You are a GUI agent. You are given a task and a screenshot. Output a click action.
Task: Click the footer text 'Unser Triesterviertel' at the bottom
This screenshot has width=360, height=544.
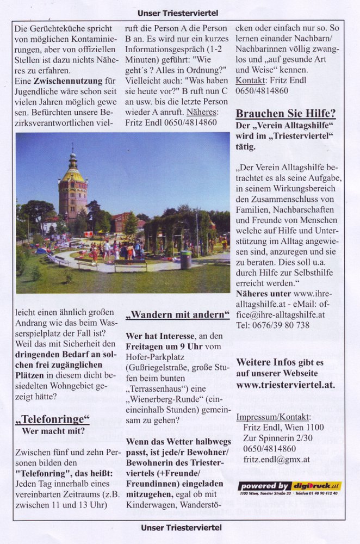pyautogui.click(x=181, y=527)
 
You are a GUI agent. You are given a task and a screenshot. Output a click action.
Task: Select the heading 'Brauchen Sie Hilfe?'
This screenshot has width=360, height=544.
pyautogui.click(x=285, y=114)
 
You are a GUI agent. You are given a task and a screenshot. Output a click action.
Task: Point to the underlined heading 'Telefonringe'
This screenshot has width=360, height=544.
pyautogui.click(x=53, y=419)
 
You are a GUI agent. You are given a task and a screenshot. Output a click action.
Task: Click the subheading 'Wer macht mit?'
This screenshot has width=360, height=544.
pyautogui.click(x=53, y=431)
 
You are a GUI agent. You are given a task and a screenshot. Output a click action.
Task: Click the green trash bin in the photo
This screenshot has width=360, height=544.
pyautogui.click(x=186, y=259)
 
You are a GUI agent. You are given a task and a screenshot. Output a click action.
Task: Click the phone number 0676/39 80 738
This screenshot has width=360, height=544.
pyautogui.click(x=273, y=325)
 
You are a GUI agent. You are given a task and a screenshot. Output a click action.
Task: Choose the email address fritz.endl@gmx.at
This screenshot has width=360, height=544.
pyautogui.click(x=276, y=459)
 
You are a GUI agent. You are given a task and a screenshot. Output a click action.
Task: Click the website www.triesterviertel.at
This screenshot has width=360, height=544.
pyautogui.click(x=285, y=385)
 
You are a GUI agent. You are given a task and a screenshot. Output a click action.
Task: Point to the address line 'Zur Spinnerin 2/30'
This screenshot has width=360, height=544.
pyautogui.click(x=278, y=438)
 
